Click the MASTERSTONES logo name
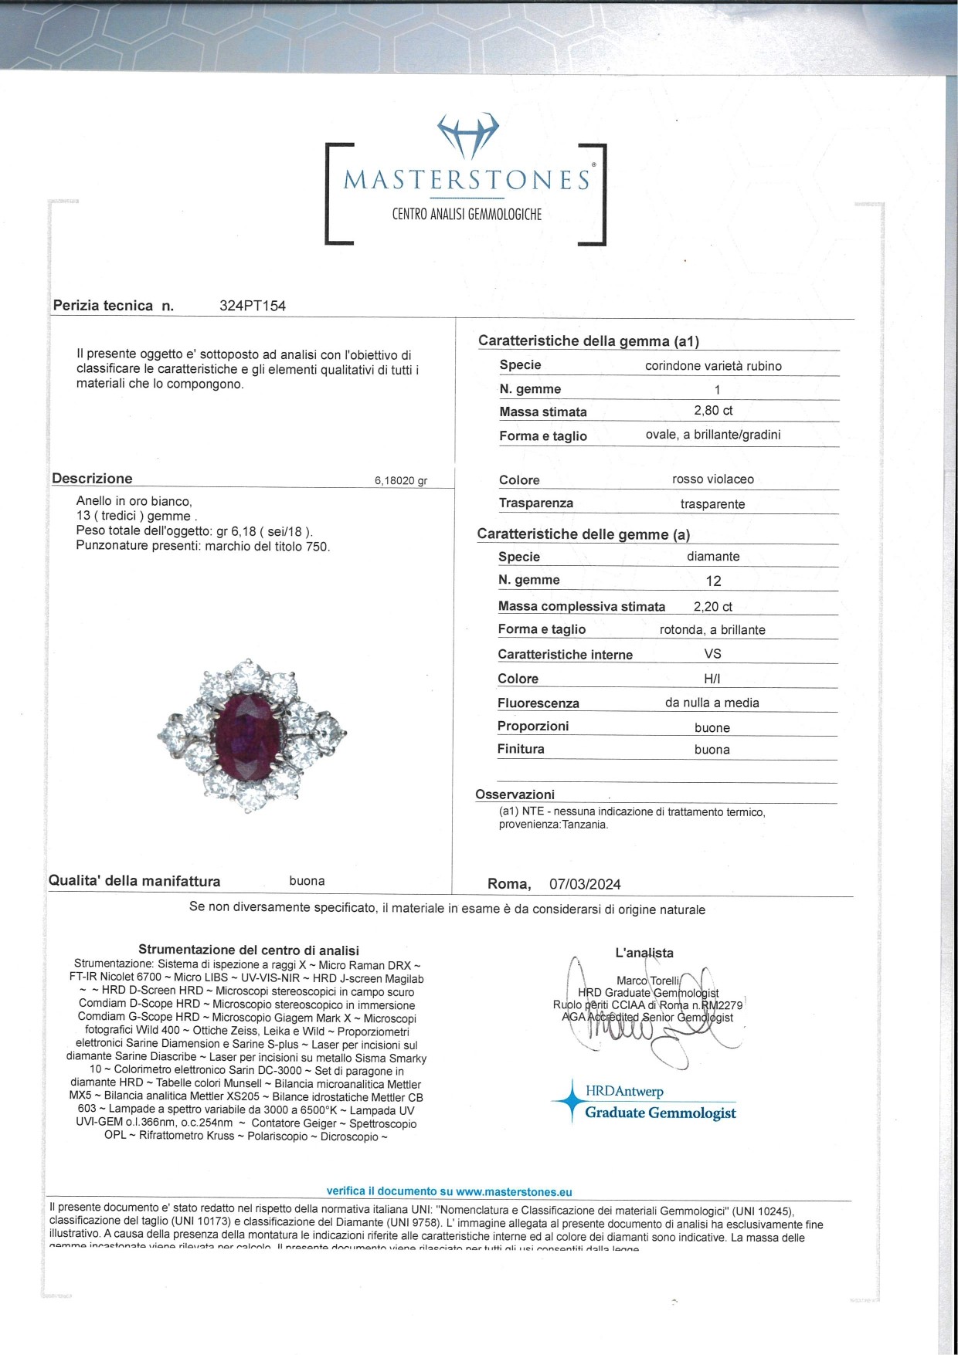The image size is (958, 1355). click(x=467, y=180)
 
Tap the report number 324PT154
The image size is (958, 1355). click(x=253, y=306)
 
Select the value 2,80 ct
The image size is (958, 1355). click(x=713, y=411)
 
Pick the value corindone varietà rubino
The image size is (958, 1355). click(x=713, y=366)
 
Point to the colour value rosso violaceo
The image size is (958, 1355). click(x=713, y=479)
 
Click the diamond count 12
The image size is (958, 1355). click(x=713, y=581)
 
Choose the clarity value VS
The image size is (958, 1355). click(x=712, y=654)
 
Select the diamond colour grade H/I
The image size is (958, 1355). click(x=712, y=679)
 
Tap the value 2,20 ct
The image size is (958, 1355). click(x=713, y=606)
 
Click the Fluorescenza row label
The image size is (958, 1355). click(x=538, y=703)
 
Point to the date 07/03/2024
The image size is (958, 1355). click(x=585, y=884)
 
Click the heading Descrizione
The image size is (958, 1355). click(x=92, y=479)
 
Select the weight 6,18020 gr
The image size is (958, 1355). click(x=400, y=481)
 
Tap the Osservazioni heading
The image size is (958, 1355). click(x=515, y=794)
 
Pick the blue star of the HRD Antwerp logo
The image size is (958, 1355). click(x=571, y=1101)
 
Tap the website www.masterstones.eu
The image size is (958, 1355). click(x=514, y=1192)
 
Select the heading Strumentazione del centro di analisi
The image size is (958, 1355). click(x=249, y=950)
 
